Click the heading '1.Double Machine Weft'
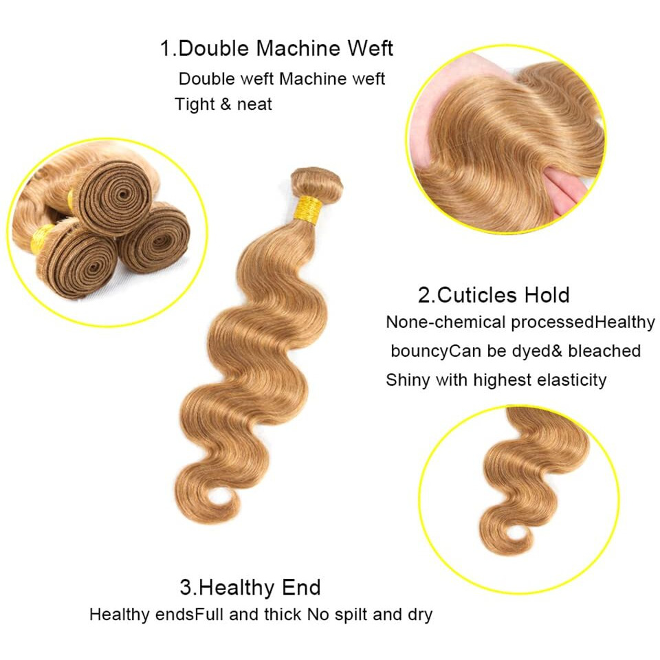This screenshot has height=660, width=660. coord(276,48)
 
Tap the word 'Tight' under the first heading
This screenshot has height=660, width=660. coord(194,104)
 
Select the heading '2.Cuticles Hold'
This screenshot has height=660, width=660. coord(494,295)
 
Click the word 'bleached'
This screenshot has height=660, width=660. coord(604,351)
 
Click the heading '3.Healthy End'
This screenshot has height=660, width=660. coord(250,587)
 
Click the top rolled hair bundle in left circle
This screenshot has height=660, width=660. coord(113,197)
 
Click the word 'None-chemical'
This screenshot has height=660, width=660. coord(445,322)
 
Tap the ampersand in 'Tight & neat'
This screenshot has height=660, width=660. coord(225,104)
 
